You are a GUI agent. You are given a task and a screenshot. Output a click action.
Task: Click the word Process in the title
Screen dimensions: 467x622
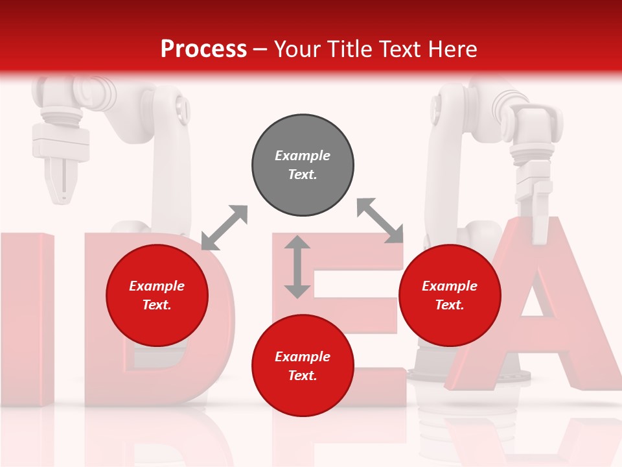tap(203, 49)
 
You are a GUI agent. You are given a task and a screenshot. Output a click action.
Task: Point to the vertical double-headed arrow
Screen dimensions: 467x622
tap(297, 267)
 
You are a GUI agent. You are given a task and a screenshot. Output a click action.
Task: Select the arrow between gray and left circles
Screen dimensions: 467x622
tap(224, 228)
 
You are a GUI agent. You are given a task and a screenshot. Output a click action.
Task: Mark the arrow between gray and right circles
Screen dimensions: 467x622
tap(380, 221)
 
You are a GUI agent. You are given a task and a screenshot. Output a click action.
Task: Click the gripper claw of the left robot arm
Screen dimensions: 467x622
tap(60, 178)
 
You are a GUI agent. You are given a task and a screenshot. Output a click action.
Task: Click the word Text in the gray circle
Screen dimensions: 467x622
tap(302, 174)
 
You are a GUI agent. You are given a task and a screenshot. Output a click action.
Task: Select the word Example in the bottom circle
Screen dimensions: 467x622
tap(303, 357)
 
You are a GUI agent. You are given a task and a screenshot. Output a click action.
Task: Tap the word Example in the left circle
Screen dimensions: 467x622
tap(157, 286)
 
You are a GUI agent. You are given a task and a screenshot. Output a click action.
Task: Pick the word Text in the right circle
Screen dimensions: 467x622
tap(450, 305)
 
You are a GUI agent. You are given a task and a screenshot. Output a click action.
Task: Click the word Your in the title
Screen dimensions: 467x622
tap(297, 49)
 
